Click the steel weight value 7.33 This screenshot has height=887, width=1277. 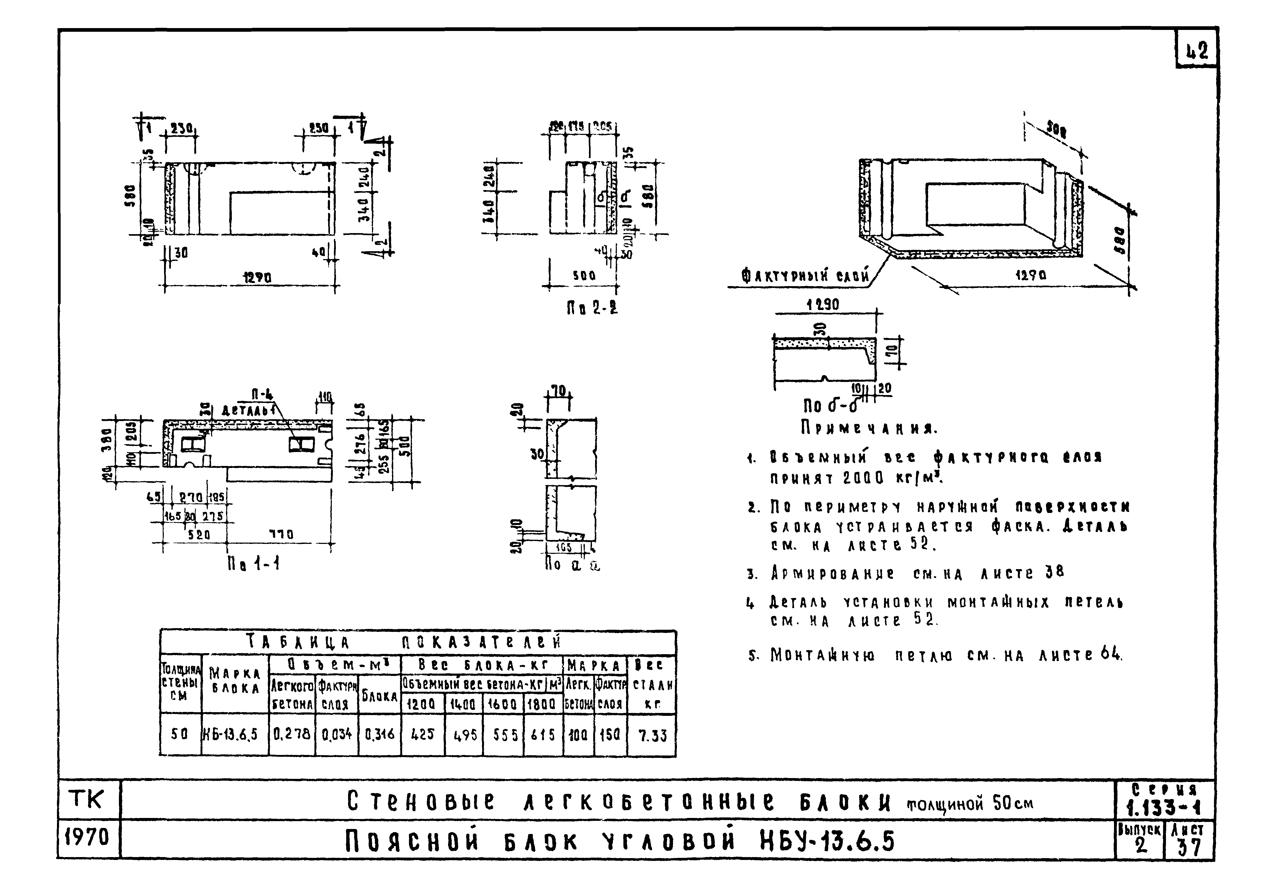652,735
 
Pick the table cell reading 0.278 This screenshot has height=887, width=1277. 292,734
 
